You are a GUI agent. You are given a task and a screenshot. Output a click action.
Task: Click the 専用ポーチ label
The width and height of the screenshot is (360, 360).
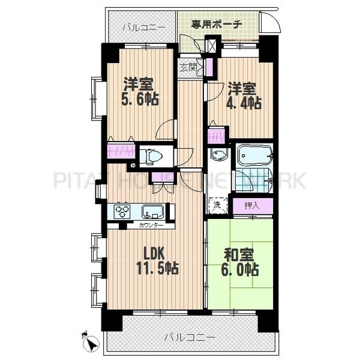click(217, 25)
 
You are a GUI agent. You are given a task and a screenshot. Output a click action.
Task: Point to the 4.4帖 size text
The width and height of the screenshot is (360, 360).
click(243, 103)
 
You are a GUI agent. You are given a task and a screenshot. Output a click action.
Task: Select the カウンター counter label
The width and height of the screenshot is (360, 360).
click(149, 226)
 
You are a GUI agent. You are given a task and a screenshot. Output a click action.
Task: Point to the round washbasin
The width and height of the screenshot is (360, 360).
click(219, 155)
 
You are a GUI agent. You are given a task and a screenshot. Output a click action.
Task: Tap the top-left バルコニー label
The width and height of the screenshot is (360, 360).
click(140, 28)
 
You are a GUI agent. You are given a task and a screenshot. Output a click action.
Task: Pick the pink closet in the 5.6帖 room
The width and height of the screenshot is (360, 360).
click(121, 149)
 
